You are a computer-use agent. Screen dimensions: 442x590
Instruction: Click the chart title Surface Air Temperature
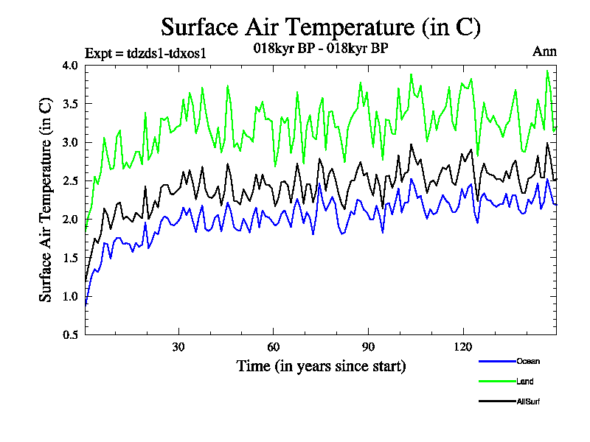tap(321, 27)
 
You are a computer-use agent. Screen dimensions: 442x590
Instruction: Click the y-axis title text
tap(46, 200)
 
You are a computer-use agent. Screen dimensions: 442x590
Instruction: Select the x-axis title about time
tap(321, 365)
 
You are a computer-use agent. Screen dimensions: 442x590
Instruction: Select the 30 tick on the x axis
tap(178, 347)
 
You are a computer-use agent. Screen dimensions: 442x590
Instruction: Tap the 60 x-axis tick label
tap(274, 347)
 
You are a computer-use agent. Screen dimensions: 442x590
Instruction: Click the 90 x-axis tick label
tap(368, 347)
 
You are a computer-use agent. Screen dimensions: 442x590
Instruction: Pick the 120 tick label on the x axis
tap(463, 347)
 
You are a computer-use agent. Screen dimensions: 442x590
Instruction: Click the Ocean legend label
tap(528, 361)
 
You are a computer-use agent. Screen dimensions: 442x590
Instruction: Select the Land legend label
tap(525, 382)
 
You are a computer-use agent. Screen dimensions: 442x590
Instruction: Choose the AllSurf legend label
tap(530, 401)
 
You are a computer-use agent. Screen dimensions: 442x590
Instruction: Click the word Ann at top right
tap(544, 52)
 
